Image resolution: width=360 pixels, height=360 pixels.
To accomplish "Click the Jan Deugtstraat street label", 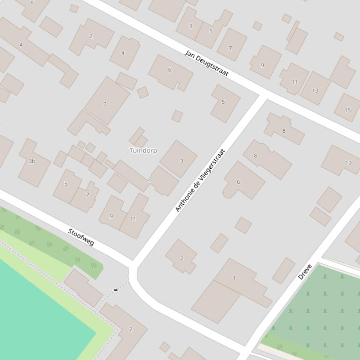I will pyautogui.click(x=206, y=63).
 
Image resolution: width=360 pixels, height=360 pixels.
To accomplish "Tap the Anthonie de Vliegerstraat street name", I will pyautogui.click(x=200, y=180).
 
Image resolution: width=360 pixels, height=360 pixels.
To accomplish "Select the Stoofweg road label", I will pyautogui.click(x=81, y=237).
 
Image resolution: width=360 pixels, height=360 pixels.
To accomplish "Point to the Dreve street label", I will pyautogui.click(x=305, y=272).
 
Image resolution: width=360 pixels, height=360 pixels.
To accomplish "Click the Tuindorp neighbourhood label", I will pyautogui.click(x=143, y=151).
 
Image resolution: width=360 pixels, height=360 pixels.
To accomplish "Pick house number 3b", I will pyautogui.click(x=32, y=161).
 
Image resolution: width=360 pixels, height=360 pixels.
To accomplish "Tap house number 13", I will pyautogui.click(x=315, y=91).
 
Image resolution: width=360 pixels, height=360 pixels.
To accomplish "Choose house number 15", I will pyautogui.click(x=347, y=110).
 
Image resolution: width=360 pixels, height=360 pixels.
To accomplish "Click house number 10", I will pyautogui.click(x=348, y=163).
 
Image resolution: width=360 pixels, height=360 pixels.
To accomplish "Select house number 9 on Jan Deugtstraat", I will pyautogui.click(x=262, y=65).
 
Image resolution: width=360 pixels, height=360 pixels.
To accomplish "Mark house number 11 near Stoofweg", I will pyautogui.click(x=133, y=218).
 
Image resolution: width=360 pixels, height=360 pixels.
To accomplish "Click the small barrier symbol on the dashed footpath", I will pyautogui.click(x=116, y=290).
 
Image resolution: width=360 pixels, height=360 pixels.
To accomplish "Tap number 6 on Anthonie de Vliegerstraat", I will pyautogui.click(x=238, y=182).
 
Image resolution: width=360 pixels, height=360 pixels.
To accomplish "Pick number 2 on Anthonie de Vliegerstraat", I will pyautogui.click(x=182, y=258).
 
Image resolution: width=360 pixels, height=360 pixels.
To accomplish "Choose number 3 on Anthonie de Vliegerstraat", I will pyautogui.click(x=181, y=161).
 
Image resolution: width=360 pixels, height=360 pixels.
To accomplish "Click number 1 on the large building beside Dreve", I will pyautogui.click(x=234, y=278).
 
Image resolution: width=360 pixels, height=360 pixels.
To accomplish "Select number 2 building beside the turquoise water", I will pyautogui.click(x=131, y=329).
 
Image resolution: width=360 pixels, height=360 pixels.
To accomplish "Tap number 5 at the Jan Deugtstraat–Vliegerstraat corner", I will pyautogui.click(x=223, y=102).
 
